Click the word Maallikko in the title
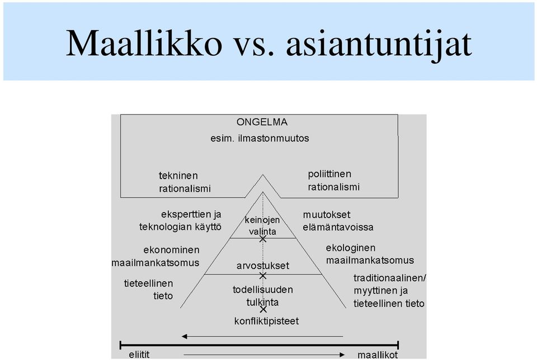click(x=144, y=43)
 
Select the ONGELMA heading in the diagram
click(x=262, y=122)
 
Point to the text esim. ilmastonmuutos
click(x=260, y=138)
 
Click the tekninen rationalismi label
click(x=185, y=182)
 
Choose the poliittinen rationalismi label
click(x=333, y=181)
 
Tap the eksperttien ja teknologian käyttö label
click(x=181, y=221)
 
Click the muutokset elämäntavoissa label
click(x=338, y=221)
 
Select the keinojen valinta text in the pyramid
click(x=262, y=226)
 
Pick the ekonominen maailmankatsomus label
click(x=156, y=257)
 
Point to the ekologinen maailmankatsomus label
click(x=370, y=254)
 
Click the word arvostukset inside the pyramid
click(x=263, y=266)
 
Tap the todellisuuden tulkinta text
click(x=263, y=296)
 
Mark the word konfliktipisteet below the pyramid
click(x=266, y=321)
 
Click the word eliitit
click(x=139, y=354)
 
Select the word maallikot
click(x=378, y=355)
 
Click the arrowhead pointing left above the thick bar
click(x=184, y=337)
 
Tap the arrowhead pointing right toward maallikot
click(x=342, y=355)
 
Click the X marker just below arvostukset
click(x=263, y=276)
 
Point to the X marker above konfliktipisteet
click(x=263, y=309)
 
